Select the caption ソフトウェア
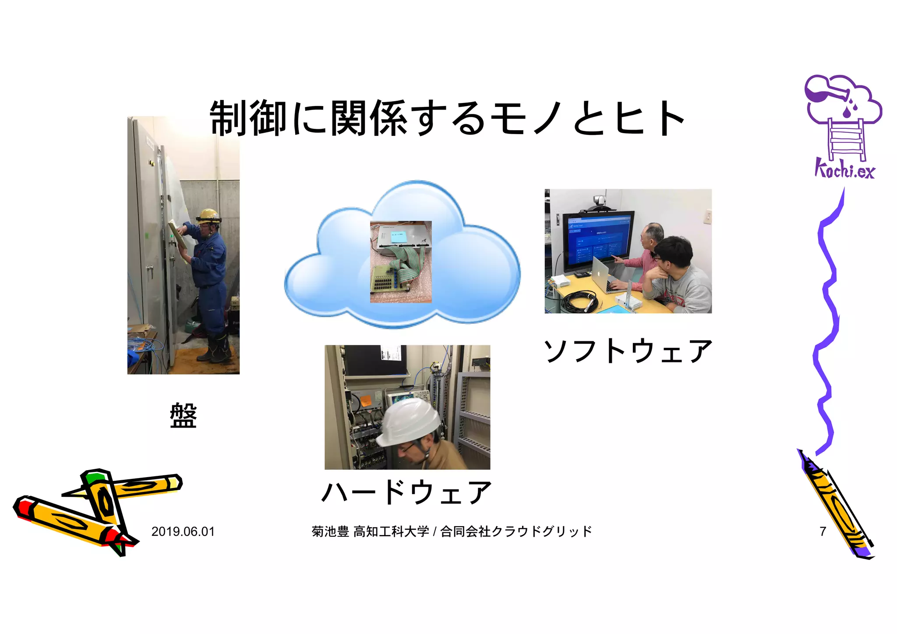point(628,351)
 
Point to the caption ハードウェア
point(406,492)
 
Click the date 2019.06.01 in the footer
point(183,531)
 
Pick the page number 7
point(823,531)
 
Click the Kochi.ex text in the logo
point(844,170)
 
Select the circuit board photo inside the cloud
point(401,262)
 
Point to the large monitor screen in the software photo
point(598,241)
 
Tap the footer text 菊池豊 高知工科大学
point(371,531)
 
